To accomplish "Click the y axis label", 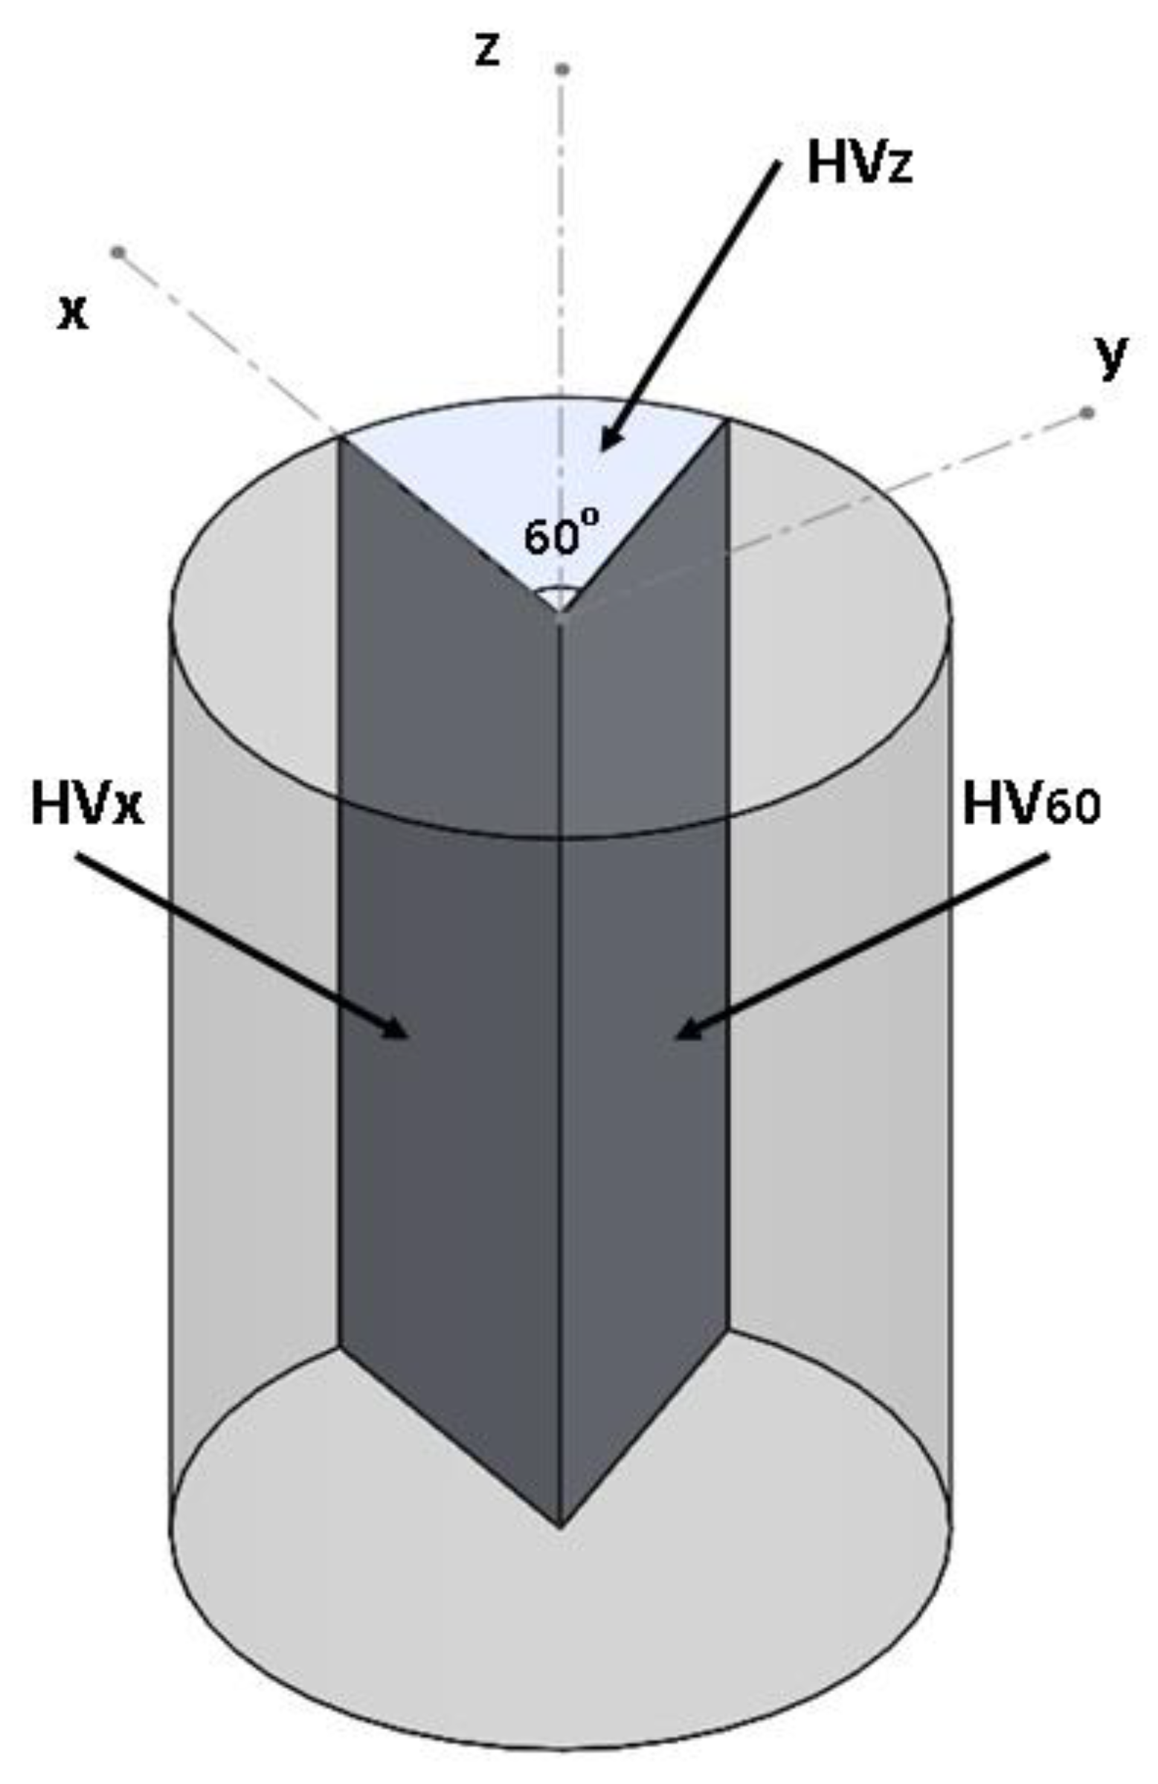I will [1110, 357].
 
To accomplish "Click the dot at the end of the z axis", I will [562, 70].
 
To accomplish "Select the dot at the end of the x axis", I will [117, 252].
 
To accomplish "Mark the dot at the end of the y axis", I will [1087, 413].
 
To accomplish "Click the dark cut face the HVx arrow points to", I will [450, 1087].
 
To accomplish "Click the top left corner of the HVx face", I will [339, 439].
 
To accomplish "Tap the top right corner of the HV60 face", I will [727, 423].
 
